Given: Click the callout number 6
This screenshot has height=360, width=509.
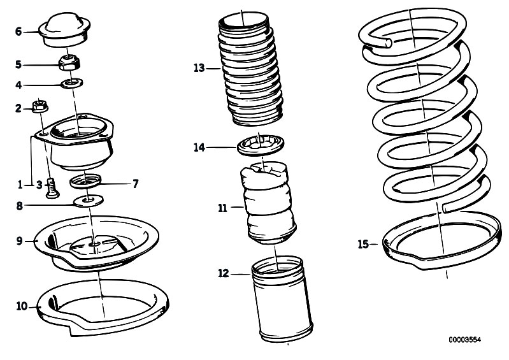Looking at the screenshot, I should point(18,31).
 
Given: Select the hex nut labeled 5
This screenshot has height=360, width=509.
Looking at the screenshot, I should point(68,64).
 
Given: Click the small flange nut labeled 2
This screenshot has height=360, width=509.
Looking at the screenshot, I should point(39,106).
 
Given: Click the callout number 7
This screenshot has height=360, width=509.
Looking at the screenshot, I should point(135,184).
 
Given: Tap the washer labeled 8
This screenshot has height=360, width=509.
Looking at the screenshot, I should point(87,203).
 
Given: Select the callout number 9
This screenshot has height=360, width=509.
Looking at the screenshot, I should point(19,240).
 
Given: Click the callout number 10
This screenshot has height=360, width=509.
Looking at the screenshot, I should point(22,306).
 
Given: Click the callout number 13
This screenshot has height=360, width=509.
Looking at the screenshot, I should point(199,67).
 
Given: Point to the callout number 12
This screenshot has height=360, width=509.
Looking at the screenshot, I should point(222,274).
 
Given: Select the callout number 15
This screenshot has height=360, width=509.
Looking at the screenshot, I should point(363,244).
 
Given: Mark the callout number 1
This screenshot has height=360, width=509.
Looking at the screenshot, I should point(21,185).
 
